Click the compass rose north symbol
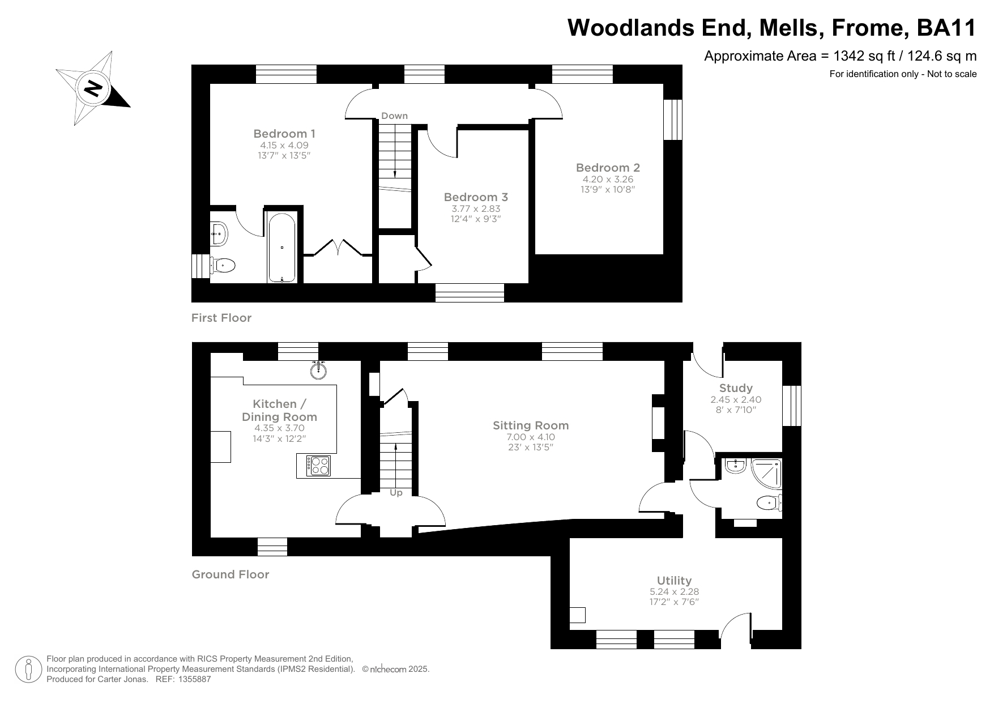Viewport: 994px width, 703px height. click(x=93, y=89)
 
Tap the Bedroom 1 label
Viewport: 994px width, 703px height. click(x=284, y=134)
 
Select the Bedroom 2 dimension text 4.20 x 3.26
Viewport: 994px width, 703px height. click(x=608, y=179)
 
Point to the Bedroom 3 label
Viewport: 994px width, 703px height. click(x=476, y=197)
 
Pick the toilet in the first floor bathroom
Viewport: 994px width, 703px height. click(x=224, y=265)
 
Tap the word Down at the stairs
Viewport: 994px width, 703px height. click(x=394, y=116)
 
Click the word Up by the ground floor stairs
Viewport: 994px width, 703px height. click(x=396, y=493)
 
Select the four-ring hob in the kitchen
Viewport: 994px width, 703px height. click(x=318, y=466)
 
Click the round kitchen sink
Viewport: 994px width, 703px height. click(x=319, y=371)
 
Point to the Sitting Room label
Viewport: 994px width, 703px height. click(x=531, y=425)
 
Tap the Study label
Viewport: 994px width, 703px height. click(x=736, y=388)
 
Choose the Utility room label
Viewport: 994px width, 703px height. click(x=674, y=580)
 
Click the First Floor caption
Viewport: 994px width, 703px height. click(x=221, y=318)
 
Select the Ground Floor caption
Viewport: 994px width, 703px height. click(x=231, y=574)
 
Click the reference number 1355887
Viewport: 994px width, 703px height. click(x=195, y=679)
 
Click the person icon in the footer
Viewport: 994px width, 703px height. click(x=28, y=669)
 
